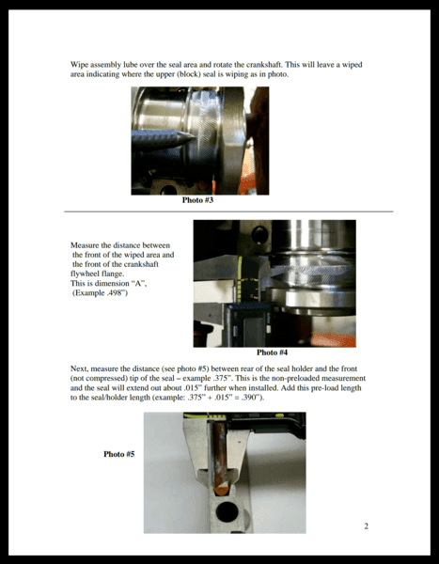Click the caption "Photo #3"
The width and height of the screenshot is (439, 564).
tap(197, 200)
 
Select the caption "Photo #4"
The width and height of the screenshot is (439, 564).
tap(272, 352)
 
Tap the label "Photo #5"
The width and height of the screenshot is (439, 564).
tap(119, 454)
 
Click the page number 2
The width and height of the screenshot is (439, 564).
tap(367, 526)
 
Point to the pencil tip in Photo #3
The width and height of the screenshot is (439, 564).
tap(194, 136)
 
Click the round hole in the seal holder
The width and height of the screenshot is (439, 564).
tap(227, 512)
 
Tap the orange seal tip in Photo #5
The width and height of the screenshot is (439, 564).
tap(221, 491)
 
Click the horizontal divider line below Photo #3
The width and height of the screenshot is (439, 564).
tap(228, 211)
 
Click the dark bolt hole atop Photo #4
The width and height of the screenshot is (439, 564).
tap(259, 234)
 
